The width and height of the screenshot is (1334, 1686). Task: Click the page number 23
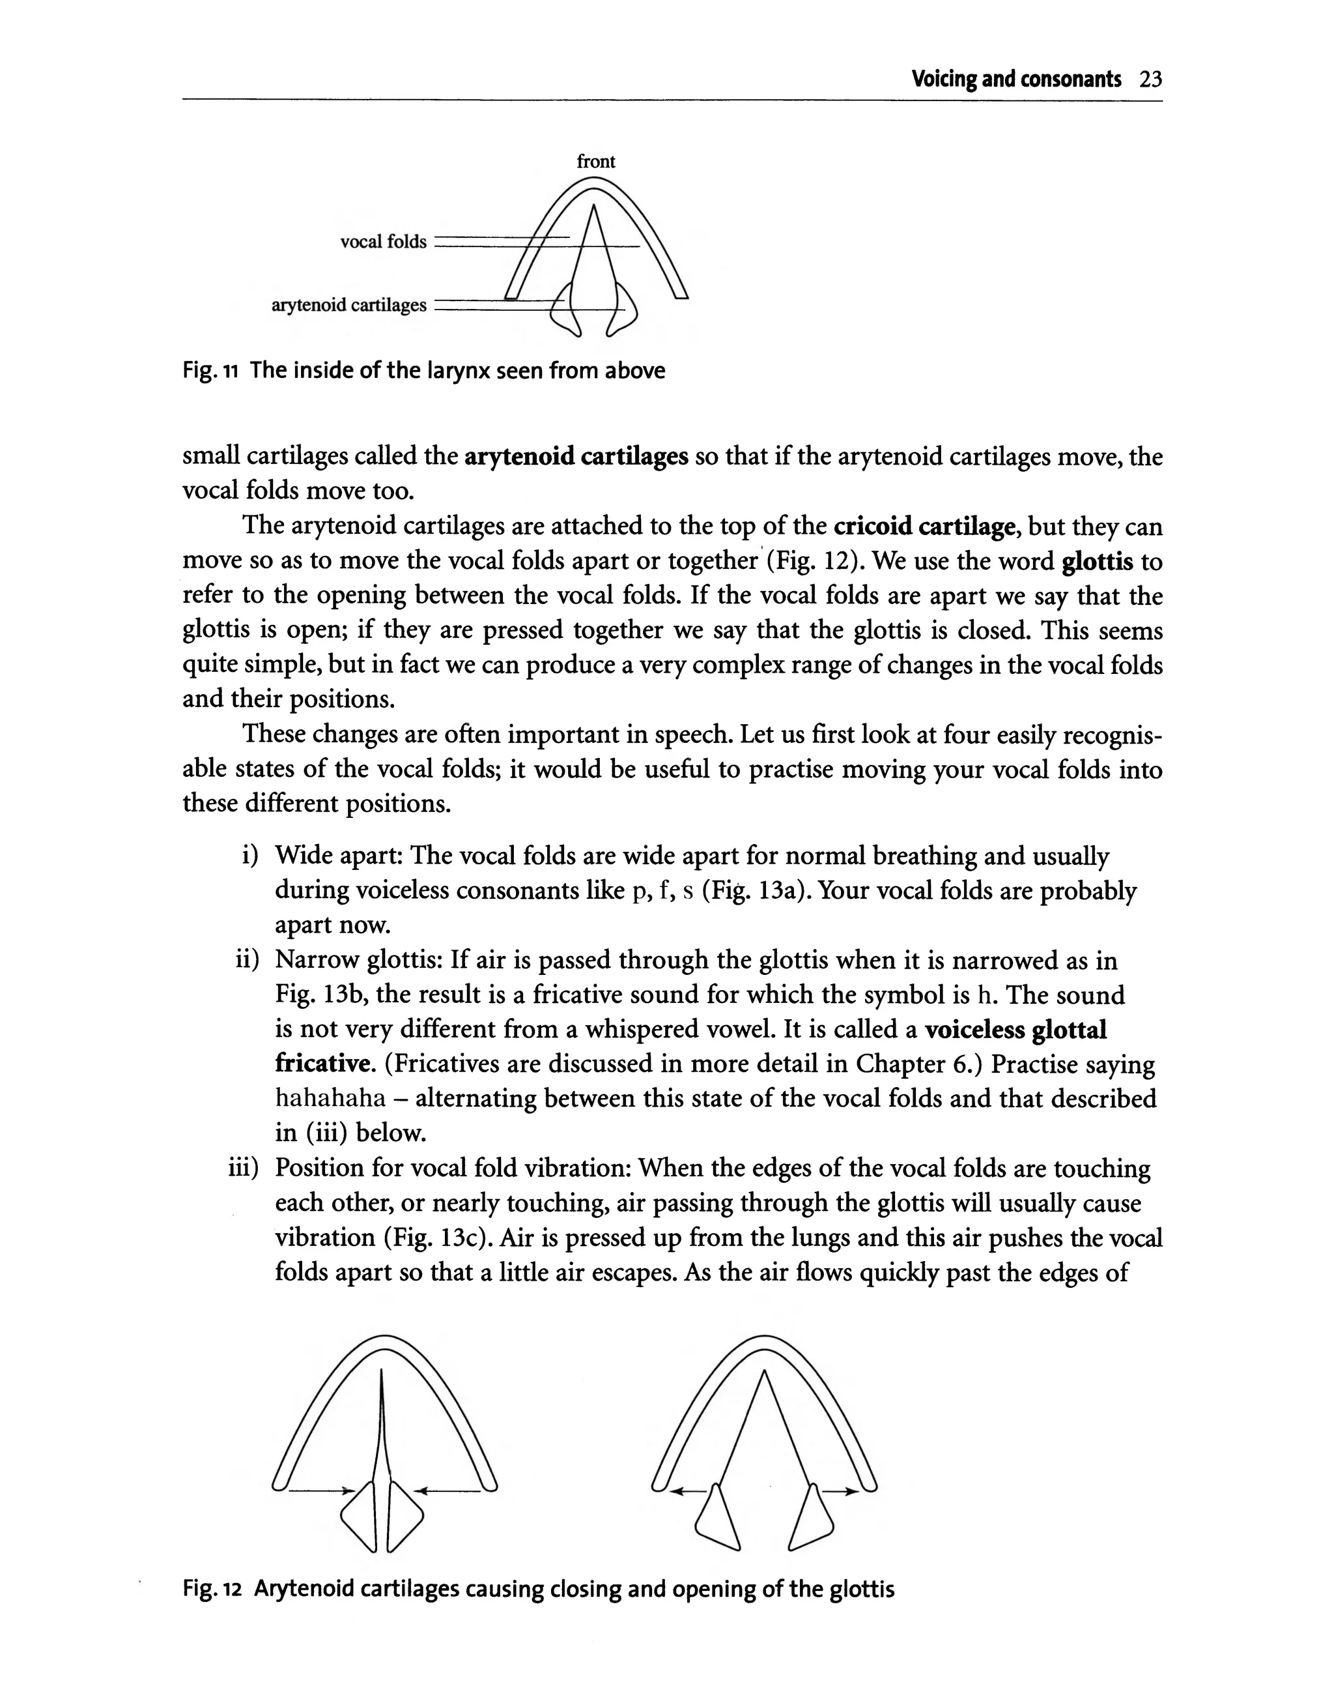pos(1150,80)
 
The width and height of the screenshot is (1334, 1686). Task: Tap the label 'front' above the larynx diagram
pos(596,162)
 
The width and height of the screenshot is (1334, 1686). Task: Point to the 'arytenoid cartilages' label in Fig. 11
pos(349,306)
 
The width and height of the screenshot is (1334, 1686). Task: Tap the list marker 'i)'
pos(250,856)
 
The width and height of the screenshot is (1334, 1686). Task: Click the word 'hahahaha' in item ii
pos(330,1099)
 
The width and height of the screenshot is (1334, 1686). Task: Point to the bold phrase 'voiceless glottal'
pos(1015,1030)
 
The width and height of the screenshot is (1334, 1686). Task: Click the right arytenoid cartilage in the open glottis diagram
pos(812,1518)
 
